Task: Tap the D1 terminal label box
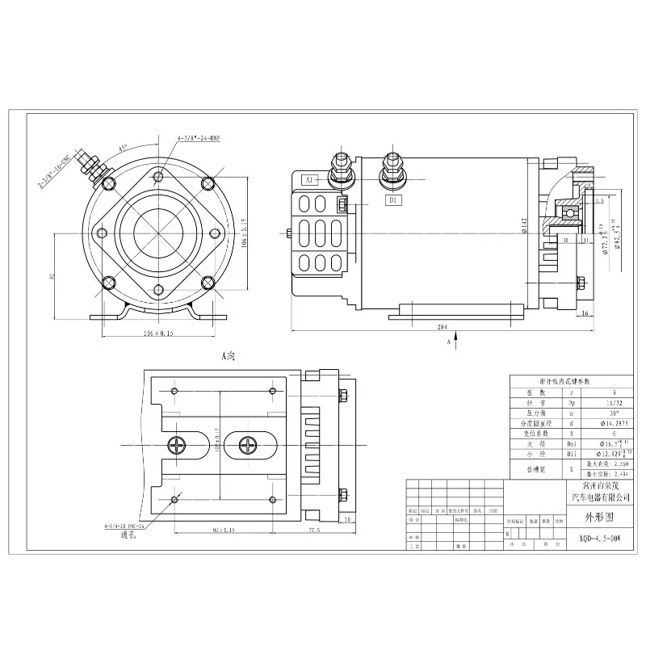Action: click(392, 199)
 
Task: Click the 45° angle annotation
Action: click(123, 149)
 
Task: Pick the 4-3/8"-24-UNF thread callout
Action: click(199, 139)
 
